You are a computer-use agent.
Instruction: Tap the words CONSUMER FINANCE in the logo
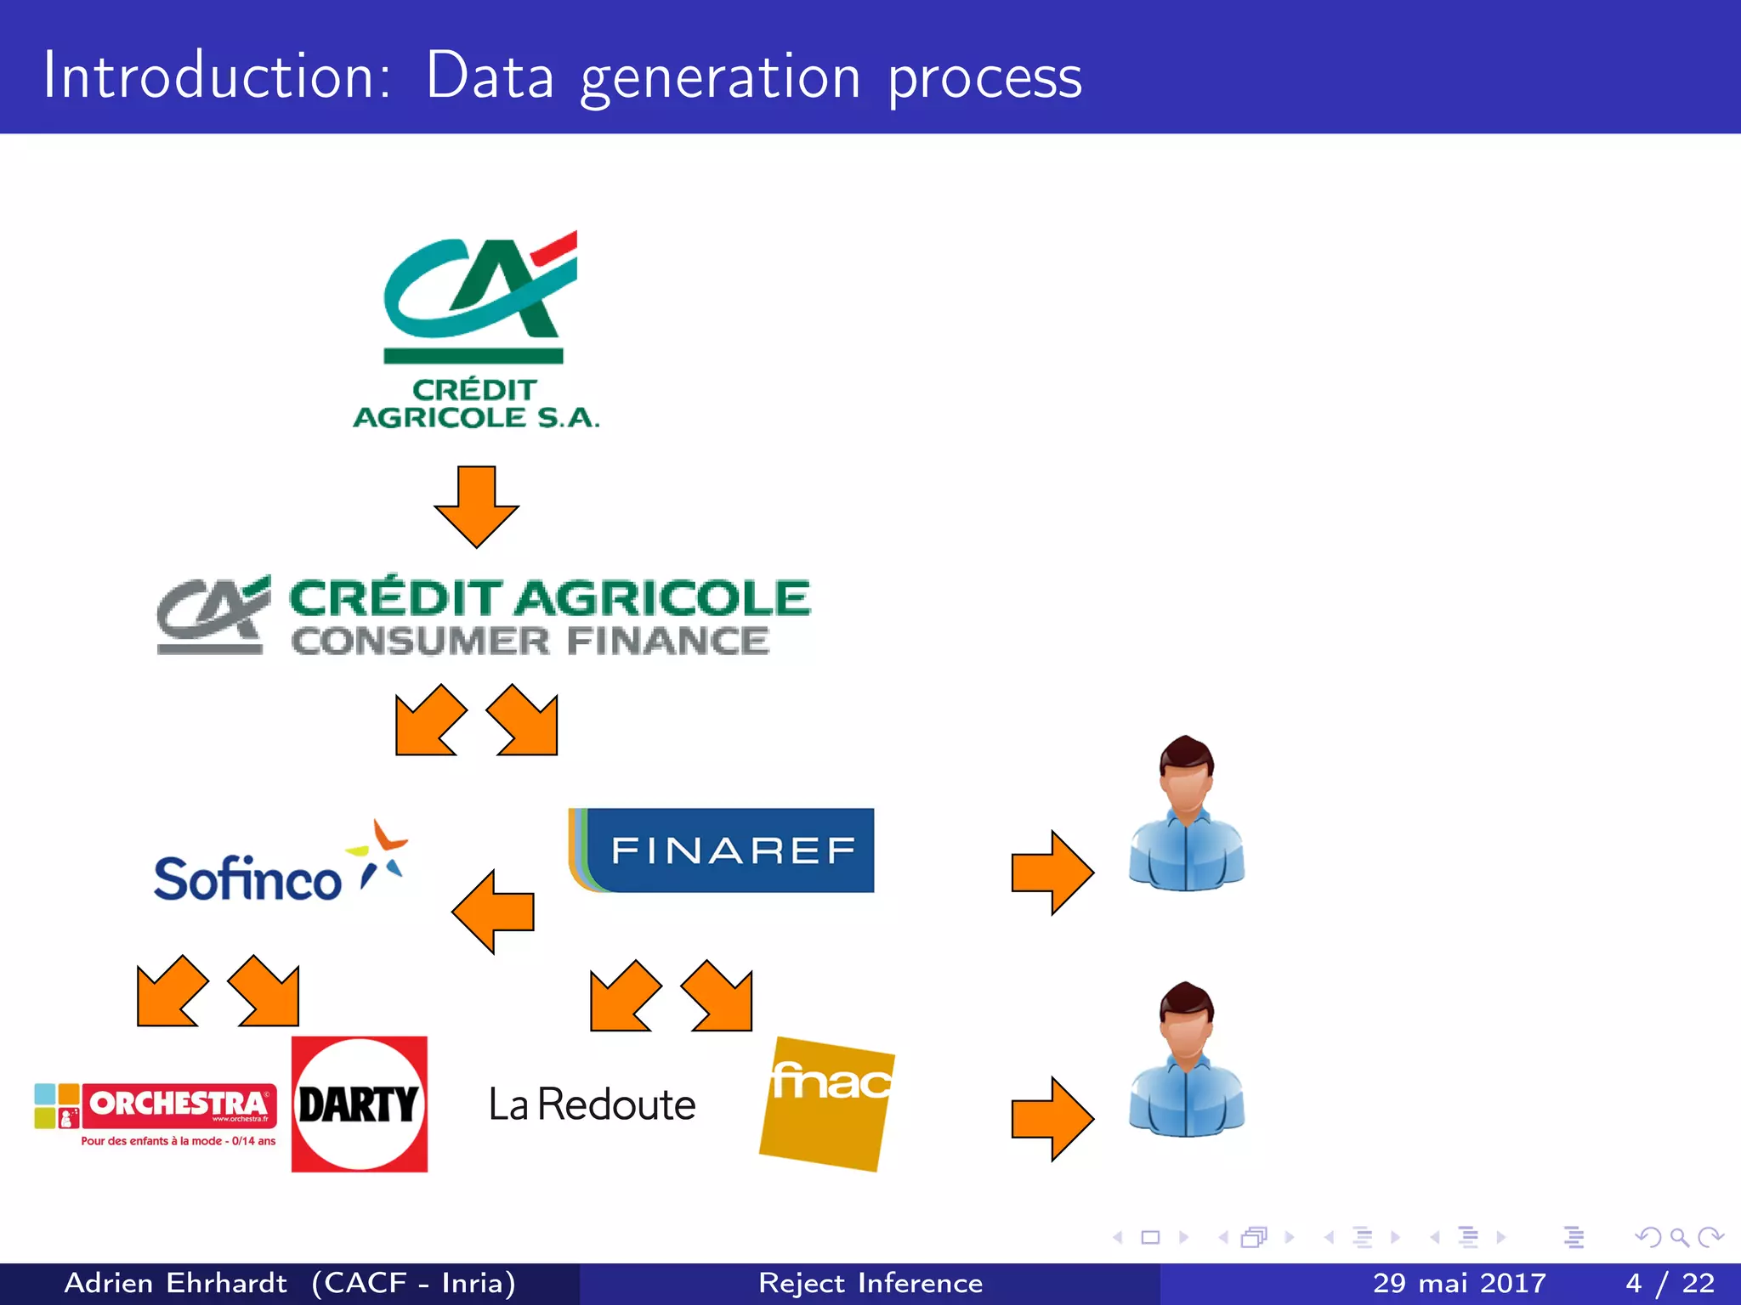530,641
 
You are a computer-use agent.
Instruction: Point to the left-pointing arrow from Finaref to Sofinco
493,912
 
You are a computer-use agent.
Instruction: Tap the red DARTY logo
359,1104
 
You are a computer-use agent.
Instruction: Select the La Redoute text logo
592,1104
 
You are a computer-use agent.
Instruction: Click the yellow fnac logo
826,1104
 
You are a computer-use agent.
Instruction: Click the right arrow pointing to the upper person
1052,873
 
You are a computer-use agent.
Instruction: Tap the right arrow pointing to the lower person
1052,1119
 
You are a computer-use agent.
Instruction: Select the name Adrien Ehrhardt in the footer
176,1283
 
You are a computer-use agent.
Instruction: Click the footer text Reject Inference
870,1283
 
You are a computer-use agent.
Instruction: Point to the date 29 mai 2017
1459,1283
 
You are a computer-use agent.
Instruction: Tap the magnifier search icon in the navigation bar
1678,1237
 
